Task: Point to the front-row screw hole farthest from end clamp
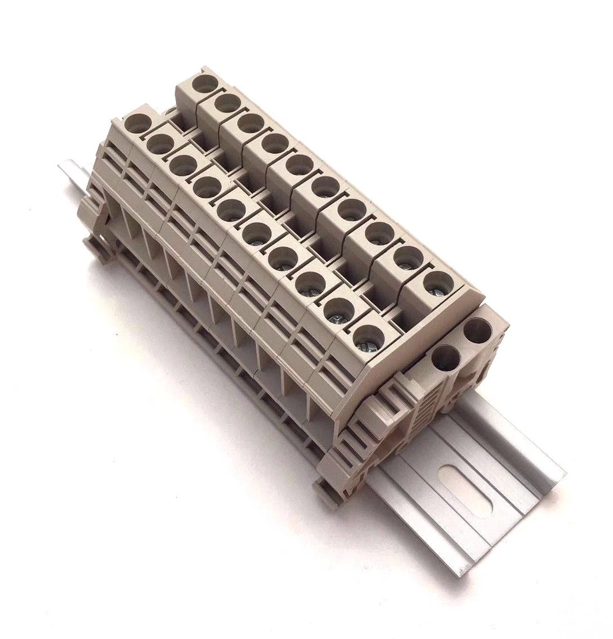(139, 123)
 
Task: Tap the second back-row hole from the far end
(227, 104)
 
